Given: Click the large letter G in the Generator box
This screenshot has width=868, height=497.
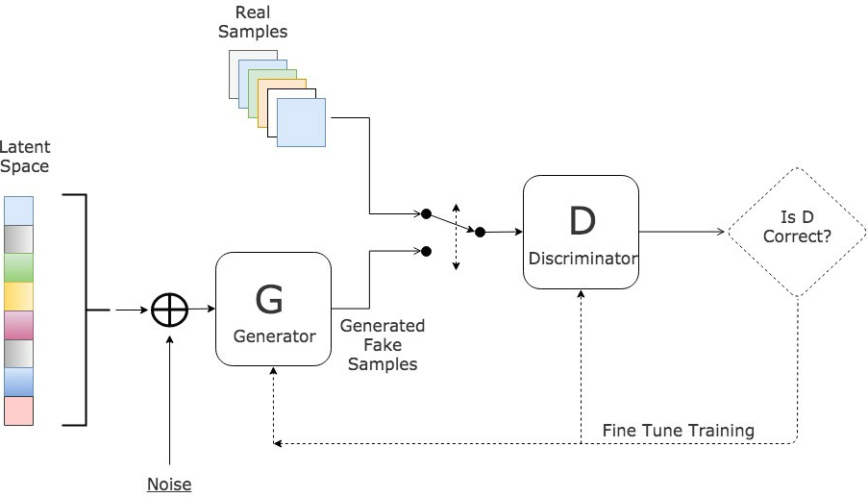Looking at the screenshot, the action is pyautogui.click(x=269, y=299).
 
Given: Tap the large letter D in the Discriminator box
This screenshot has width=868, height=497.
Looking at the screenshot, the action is pyautogui.click(x=583, y=220).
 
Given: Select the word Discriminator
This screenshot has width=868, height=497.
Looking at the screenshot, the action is pyautogui.click(x=583, y=259).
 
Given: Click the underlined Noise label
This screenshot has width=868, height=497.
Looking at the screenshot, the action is pyautogui.click(x=169, y=485).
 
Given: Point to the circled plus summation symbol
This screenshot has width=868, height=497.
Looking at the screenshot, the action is pyautogui.click(x=170, y=310).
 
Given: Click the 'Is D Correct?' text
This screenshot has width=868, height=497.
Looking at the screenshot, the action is pyautogui.click(x=797, y=227).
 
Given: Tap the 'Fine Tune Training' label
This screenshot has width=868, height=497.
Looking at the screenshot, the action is pyautogui.click(x=678, y=431).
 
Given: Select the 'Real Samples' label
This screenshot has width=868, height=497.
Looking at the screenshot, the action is pyautogui.click(x=253, y=22).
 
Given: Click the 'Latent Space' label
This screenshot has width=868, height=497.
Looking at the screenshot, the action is pyautogui.click(x=25, y=157).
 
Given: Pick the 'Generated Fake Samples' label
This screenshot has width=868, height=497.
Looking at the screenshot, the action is pyautogui.click(x=383, y=345).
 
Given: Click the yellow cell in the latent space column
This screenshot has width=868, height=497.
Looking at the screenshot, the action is pyautogui.click(x=19, y=296).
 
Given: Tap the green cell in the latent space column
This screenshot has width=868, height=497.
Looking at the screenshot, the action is pyautogui.click(x=19, y=268).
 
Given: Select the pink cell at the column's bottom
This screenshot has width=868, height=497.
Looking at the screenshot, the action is pyautogui.click(x=19, y=410).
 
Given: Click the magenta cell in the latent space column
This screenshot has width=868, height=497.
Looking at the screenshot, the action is pyautogui.click(x=19, y=325).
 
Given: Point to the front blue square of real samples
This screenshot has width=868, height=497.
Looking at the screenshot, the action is pyautogui.click(x=301, y=122).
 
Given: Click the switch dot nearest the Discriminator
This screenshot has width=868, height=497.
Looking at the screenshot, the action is pyautogui.click(x=480, y=232).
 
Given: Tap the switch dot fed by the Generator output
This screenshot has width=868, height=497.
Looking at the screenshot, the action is pyautogui.click(x=426, y=251).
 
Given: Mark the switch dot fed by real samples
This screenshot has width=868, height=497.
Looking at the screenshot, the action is pyautogui.click(x=426, y=213).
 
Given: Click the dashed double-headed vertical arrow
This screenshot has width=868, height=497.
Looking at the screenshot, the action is pyautogui.click(x=456, y=236).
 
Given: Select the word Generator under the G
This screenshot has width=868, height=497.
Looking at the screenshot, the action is pyautogui.click(x=275, y=336).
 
